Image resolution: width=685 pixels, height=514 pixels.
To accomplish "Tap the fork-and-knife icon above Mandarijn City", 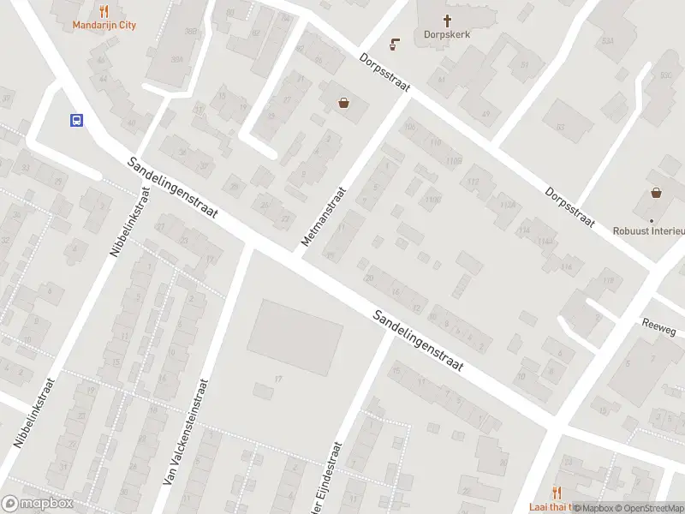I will point(104,11).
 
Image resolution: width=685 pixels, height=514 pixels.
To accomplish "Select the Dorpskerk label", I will point(447,35).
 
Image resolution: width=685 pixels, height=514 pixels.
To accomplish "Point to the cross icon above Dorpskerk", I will point(447,20).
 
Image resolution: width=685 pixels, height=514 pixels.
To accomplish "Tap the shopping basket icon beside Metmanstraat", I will point(343,103).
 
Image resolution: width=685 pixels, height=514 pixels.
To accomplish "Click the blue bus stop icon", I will point(76,120).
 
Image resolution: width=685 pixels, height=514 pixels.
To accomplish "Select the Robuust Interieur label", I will point(649,231).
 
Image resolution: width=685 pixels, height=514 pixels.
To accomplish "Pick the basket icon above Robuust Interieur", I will point(656,193).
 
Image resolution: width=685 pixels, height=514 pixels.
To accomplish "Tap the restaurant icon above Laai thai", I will point(557,492).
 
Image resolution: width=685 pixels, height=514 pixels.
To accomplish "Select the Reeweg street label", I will point(660,326).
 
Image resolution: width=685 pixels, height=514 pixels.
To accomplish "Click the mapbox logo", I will point(38,504).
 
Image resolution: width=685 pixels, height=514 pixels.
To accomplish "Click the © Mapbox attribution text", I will point(593,508).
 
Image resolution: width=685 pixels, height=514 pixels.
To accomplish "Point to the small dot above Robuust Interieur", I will point(651,219).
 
